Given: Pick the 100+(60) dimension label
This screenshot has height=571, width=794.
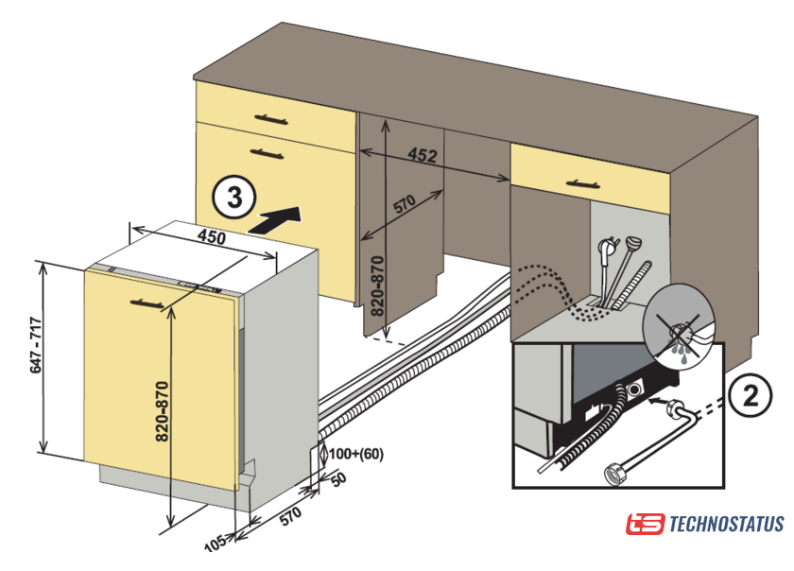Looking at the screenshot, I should coord(356,454).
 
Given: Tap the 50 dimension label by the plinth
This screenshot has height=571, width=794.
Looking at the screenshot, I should coord(337,479).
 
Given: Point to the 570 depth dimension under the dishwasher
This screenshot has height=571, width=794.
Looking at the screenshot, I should coord(289,516).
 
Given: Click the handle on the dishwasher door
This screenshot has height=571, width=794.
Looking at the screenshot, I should coord(149,302).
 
